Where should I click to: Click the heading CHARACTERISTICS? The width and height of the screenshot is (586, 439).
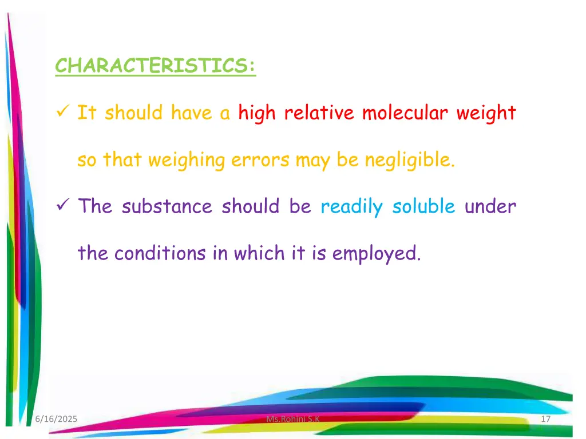[x=156, y=66]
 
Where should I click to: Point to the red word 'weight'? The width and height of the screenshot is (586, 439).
[x=486, y=113]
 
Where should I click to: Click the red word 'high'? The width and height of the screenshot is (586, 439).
[x=258, y=113]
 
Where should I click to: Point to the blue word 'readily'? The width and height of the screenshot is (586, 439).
[x=351, y=206]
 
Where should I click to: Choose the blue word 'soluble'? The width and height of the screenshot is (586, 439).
[x=423, y=206]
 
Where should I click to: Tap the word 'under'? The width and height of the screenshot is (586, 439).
[x=490, y=206]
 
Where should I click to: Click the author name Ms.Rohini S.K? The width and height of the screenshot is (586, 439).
[x=294, y=420]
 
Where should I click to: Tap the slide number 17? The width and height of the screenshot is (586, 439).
[x=545, y=420]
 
